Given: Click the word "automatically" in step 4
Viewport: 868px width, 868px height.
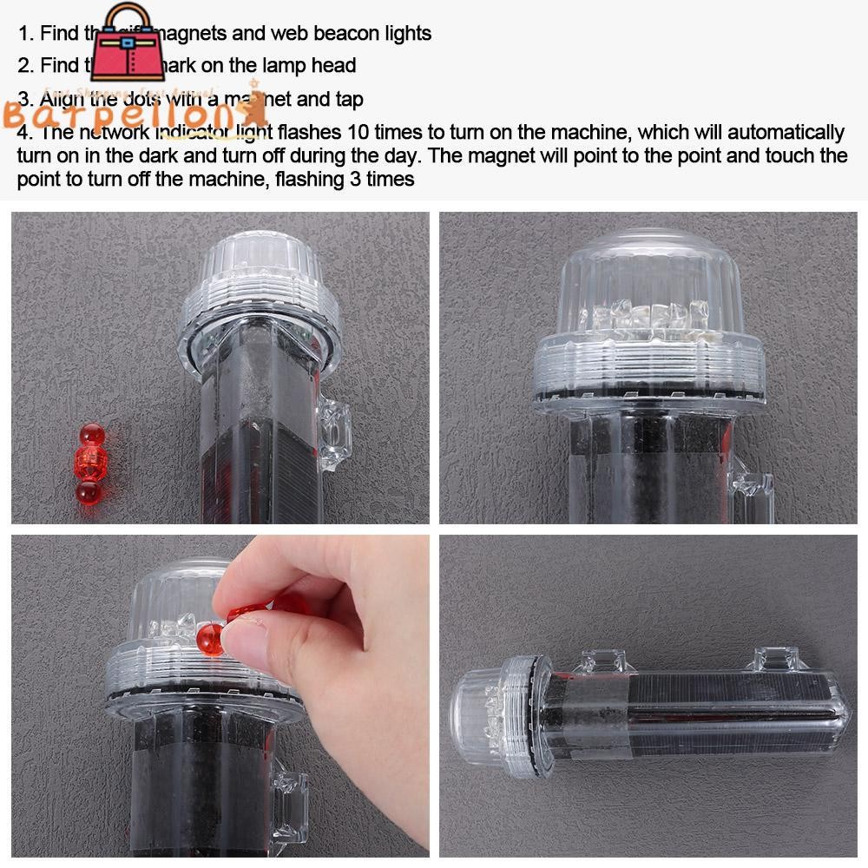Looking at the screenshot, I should pyautogui.click(x=786, y=133).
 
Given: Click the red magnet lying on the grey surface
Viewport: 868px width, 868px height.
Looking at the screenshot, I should pyautogui.click(x=89, y=464).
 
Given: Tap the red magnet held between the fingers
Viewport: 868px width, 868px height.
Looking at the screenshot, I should pyautogui.click(x=211, y=639).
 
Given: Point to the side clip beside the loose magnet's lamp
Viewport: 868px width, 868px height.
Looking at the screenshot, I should pyautogui.click(x=334, y=434).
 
